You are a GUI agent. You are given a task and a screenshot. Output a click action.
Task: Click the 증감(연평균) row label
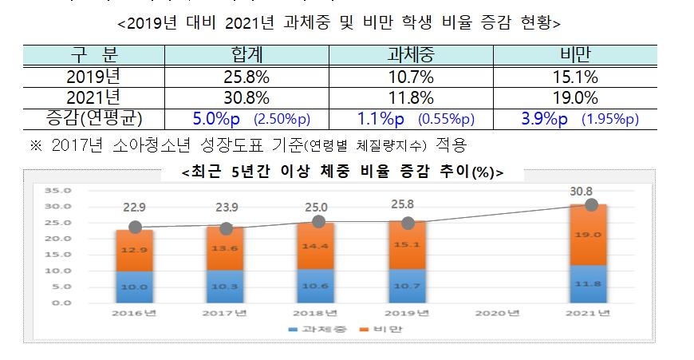pyautogui.click(x=94, y=119)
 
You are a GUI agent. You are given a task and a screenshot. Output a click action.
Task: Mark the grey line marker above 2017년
pyautogui.click(x=227, y=229)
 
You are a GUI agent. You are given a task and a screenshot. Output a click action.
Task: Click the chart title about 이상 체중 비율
pyautogui.click(x=342, y=172)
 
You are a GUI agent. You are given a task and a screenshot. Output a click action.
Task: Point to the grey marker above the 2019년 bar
pyautogui.click(x=408, y=224)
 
